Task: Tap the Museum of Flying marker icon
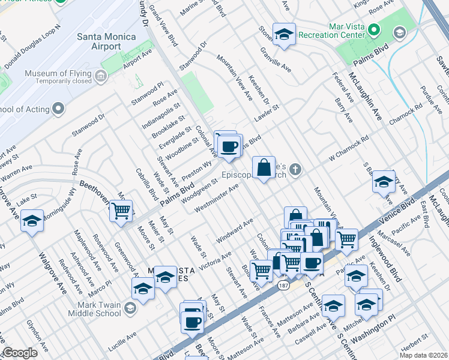[100, 76]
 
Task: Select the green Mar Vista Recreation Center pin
[374, 29]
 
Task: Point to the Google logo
[19, 353]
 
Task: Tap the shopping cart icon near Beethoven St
[121, 211]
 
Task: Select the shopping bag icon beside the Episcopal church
[264, 167]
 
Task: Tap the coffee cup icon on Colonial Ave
[229, 146]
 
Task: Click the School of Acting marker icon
[58, 109]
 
